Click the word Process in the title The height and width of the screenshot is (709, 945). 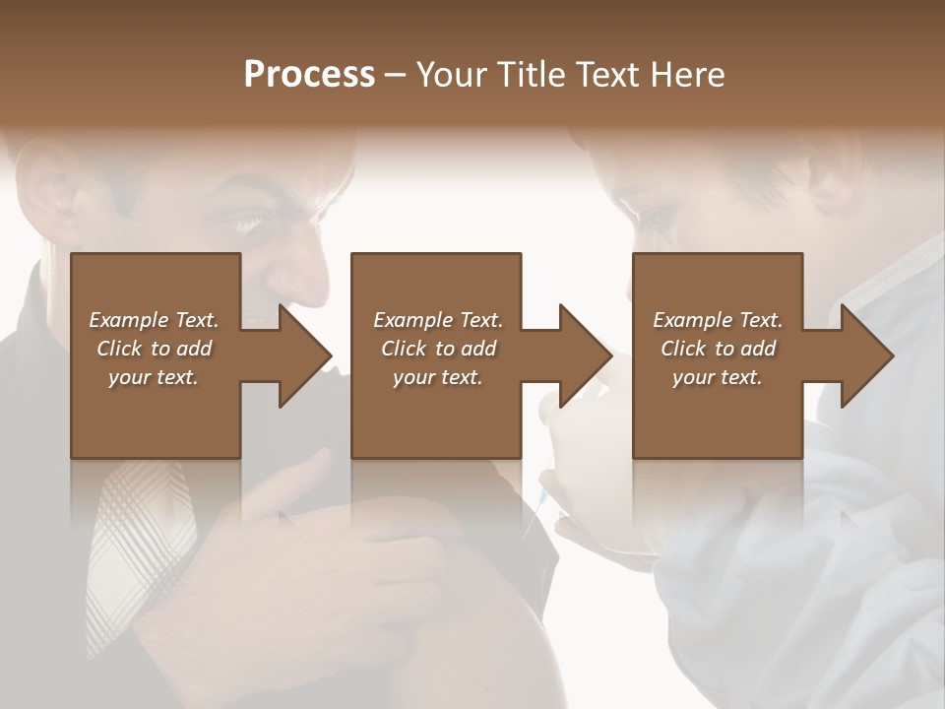click(x=309, y=75)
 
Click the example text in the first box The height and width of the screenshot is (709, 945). click(x=155, y=349)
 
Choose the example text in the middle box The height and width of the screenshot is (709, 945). click(x=437, y=349)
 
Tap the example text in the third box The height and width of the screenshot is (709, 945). click(x=718, y=349)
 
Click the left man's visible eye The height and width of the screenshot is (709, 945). click(x=248, y=223)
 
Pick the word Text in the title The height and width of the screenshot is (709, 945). click(x=611, y=75)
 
